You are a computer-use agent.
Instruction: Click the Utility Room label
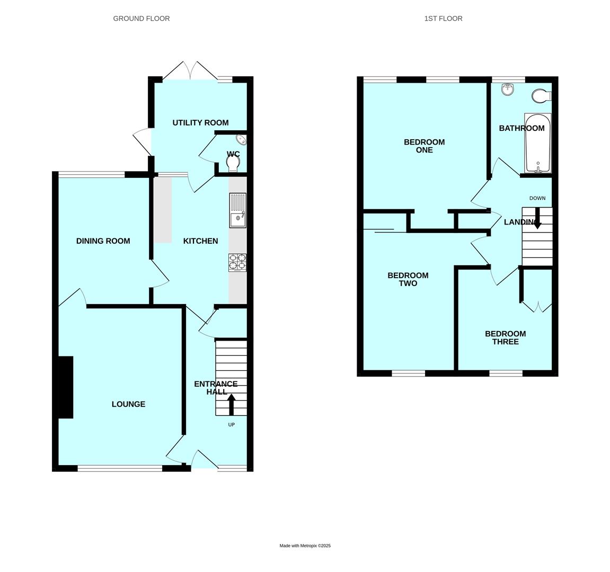click(x=200, y=123)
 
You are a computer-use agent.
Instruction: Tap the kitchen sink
click(x=238, y=210)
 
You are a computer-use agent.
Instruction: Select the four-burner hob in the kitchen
click(x=237, y=263)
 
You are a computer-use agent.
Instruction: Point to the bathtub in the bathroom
click(x=537, y=143)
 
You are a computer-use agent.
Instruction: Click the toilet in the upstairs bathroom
click(x=541, y=96)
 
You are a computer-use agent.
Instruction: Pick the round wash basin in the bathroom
click(x=508, y=90)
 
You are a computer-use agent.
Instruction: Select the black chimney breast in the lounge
click(x=66, y=387)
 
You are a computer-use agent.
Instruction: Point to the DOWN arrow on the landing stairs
click(x=537, y=218)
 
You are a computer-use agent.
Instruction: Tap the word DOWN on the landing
click(x=537, y=198)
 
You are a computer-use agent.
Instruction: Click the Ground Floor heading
click(x=141, y=19)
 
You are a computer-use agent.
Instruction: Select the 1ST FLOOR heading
click(x=443, y=19)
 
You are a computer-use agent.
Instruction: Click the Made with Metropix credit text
click(x=305, y=546)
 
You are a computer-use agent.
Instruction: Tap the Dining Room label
click(x=103, y=241)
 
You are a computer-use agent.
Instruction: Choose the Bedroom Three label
click(x=506, y=337)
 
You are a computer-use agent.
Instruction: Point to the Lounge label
click(x=128, y=405)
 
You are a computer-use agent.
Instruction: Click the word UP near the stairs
click(x=232, y=425)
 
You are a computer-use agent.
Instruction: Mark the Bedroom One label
click(x=424, y=146)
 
